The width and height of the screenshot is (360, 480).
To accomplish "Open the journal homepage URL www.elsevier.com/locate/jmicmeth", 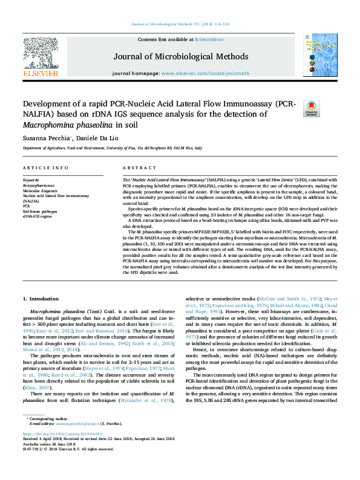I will pos(205,73).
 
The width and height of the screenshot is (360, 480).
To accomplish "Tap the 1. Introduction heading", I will pos(41,299).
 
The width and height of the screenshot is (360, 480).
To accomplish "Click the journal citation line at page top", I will pos(180,24).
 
